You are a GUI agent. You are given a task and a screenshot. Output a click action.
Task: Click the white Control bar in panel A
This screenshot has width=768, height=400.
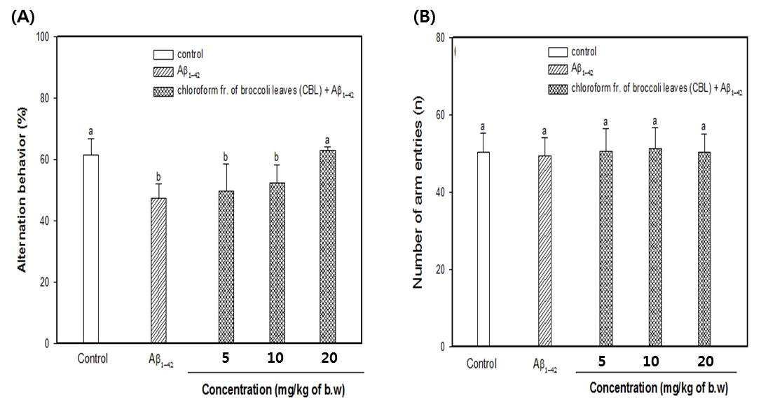(x=91, y=249)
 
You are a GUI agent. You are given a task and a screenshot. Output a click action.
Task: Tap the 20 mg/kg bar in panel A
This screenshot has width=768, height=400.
(x=328, y=247)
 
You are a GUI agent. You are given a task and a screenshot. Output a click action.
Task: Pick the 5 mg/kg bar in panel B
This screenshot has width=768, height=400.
(x=605, y=249)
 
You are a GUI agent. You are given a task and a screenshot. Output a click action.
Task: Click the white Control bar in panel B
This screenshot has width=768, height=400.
(x=484, y=249)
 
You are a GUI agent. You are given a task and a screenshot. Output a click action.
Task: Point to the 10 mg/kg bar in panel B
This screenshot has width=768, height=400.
(x=655, y=247)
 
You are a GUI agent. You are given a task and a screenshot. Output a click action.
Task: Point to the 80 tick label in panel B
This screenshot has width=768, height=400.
(x=439, y=39)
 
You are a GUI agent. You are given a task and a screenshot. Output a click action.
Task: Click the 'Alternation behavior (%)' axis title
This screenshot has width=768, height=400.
(x=22, y=189)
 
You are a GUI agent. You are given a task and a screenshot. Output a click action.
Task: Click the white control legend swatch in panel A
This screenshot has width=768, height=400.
(x=163, y=55)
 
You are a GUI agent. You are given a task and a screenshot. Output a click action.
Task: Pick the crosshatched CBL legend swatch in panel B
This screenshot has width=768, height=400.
(x=558, y=89)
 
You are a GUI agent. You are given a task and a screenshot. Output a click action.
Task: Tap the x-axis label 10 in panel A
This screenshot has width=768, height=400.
(x=275, y=358)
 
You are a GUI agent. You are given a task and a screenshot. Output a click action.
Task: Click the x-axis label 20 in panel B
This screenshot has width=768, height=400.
(x=706, y=361)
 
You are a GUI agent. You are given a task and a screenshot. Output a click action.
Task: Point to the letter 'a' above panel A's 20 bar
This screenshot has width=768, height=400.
(x=327, y=141)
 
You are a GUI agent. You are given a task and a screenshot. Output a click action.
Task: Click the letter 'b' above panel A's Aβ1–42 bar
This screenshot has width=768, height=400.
(x=158, y=177)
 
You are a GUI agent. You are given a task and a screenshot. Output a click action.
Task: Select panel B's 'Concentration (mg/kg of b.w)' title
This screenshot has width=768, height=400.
(x=659, y=388)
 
